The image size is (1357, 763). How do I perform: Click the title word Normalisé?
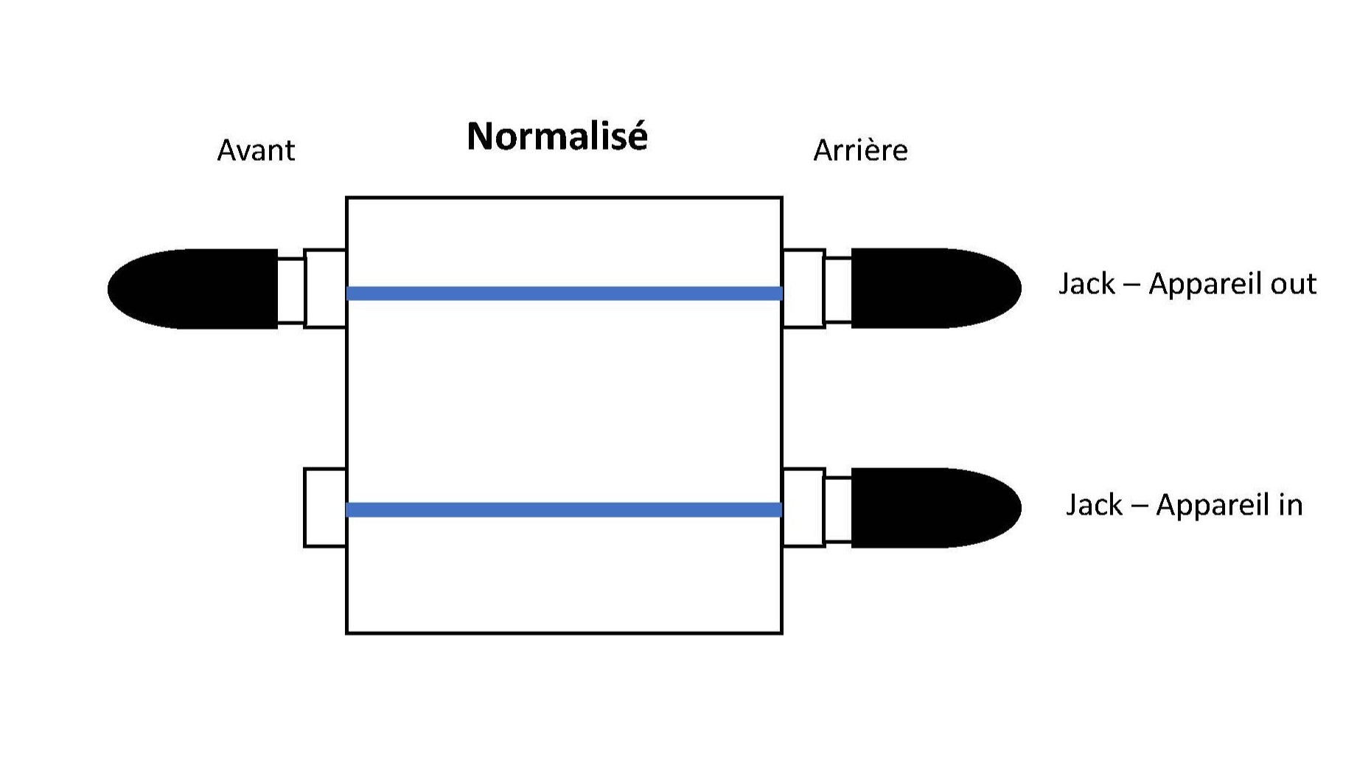(x=557, y=136)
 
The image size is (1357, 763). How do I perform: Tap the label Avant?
(x=256, y=150)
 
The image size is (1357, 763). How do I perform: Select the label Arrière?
(x=860, y=150)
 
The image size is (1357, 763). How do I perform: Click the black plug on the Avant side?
(x=193, y=288)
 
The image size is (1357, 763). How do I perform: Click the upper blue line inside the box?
(x=565, y=293)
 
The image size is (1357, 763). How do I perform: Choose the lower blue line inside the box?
(x=565, y=509)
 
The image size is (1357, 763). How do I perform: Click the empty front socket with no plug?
(x=325, y=507)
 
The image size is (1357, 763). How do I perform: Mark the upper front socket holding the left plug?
(x=325, y=288)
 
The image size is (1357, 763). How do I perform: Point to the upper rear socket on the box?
(x=803, y=288)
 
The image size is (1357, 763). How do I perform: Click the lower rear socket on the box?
(x=803, y=507)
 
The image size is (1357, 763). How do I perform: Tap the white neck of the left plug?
(x=291, y=290)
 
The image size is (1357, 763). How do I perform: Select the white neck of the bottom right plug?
(x=838, y=509)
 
